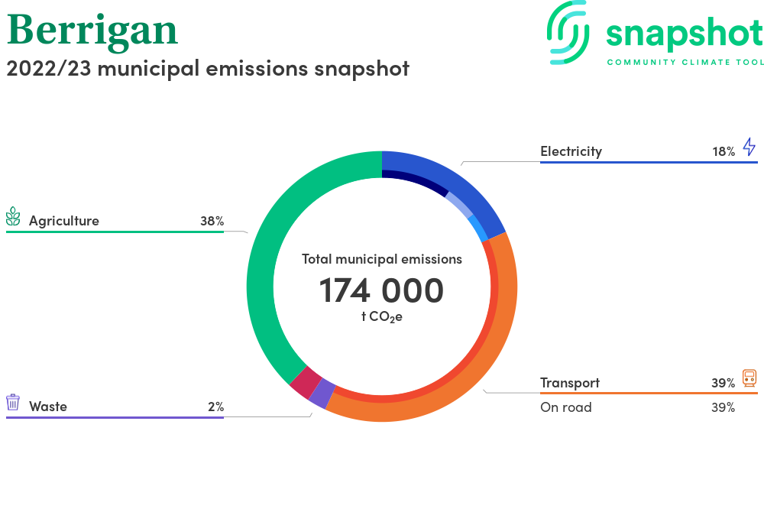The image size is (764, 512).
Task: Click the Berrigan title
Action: point(92,31)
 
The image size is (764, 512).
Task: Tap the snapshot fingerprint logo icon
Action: point(568,33)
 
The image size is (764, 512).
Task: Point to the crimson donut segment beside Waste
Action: point(306,382)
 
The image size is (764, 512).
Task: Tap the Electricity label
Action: point(571,151)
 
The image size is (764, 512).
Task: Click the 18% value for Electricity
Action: point(724,151)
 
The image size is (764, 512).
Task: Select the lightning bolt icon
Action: point(749,147)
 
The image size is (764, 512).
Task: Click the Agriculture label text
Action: point(64,221)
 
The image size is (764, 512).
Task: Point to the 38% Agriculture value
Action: point(212,221)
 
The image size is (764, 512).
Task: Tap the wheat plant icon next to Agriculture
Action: point(13,216)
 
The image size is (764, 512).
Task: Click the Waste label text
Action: point(47,407)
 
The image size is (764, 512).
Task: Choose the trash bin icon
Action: point(13,403)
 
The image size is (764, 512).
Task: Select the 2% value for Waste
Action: point(216,407)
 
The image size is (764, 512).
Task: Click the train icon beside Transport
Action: point(749,378)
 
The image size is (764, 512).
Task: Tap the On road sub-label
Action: point(565,407)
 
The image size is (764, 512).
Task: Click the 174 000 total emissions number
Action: point(381,291)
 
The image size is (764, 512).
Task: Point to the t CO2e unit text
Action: point(381,317)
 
